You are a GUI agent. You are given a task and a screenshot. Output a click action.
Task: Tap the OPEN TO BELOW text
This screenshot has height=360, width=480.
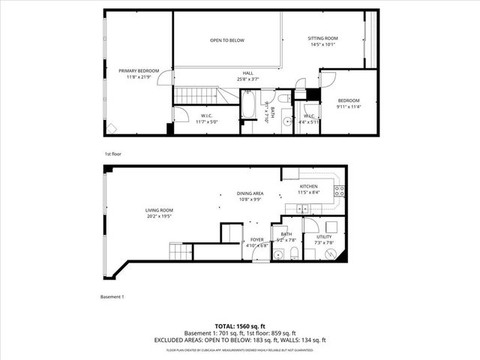point(226,40)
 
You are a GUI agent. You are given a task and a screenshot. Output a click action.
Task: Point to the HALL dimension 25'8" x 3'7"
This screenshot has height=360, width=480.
point(247,79)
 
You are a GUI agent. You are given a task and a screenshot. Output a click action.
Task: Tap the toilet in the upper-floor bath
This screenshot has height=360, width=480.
point(284,98)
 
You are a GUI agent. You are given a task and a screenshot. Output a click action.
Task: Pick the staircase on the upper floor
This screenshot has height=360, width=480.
point(199,95)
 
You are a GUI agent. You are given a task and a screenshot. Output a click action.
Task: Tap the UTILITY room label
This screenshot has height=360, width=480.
point(323,239)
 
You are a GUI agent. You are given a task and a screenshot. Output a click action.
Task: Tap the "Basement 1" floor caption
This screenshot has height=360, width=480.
point(112,296)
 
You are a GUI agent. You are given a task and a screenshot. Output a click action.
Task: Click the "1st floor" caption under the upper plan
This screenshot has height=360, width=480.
point(112,153)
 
